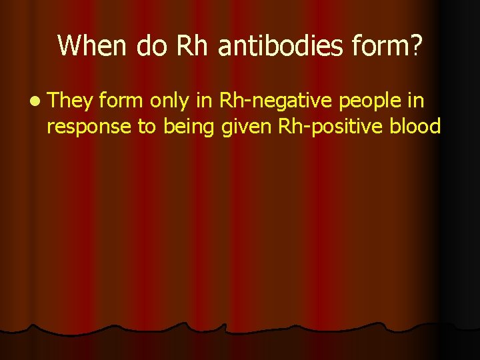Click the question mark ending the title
point(416,45)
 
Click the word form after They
point(123,101)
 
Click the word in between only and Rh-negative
point(204,101)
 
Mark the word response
point(89,127)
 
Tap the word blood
point(414,125)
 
